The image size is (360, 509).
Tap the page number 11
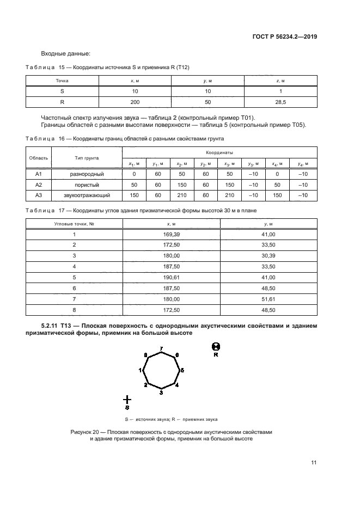(314, 463)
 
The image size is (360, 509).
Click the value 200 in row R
(135, 102)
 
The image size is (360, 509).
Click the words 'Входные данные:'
(65, 53)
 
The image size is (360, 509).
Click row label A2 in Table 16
(39, 185)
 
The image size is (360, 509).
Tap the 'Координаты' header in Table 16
(219, 153)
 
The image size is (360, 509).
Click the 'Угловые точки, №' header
(75, 224)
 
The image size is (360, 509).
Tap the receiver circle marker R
(216, 346)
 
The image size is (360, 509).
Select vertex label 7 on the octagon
(161, 348)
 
